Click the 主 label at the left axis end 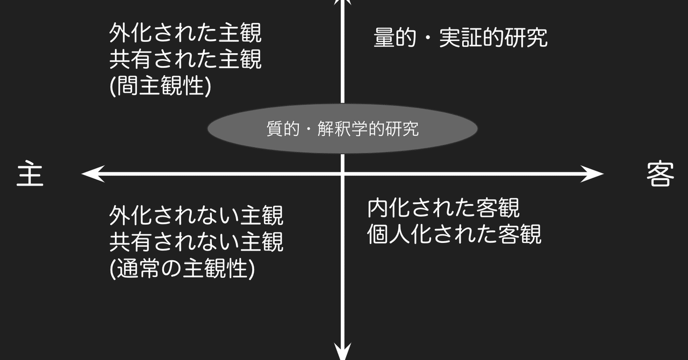pos(30,174)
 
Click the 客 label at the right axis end pos(660,174)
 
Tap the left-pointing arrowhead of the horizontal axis pos(93,174)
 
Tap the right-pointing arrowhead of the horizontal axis pos(592,174)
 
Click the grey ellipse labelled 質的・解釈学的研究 pos(342,128)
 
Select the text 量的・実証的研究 pos(461,38)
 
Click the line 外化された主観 pos(185,33)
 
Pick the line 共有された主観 pos(185,59)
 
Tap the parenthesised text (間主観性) pos(160,85)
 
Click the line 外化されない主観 pos(196,215)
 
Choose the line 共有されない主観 pos(196,242)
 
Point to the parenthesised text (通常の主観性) pos(182,269)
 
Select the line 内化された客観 pos(443,207)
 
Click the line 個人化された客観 pos(454,234)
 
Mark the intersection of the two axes pos(342,174)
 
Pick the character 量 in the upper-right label pos(384,38)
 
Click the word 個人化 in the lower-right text pos(400,234)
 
